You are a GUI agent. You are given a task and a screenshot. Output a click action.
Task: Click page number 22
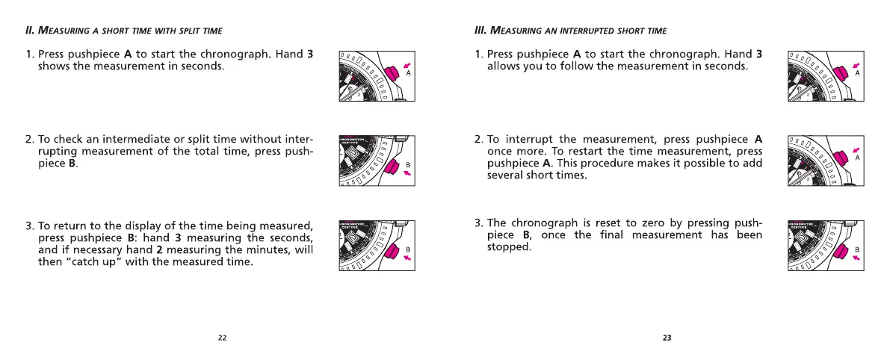[x=222, y=338]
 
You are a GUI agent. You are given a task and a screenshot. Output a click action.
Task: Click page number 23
[x=667, y=338]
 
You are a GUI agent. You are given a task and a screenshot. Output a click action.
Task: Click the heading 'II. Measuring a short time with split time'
[x=124, y=30]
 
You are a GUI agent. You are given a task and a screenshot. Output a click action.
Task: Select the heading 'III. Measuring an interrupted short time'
[x=571, y=30]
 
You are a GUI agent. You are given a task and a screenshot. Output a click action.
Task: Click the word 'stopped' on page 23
[x=508, y=247]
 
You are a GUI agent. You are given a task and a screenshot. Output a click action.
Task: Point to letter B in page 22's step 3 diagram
[x=408, y=249]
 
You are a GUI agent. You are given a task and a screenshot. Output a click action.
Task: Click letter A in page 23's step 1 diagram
[x=857, y=73]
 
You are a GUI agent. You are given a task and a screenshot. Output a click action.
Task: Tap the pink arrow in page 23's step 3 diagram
[x=856, y=258]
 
